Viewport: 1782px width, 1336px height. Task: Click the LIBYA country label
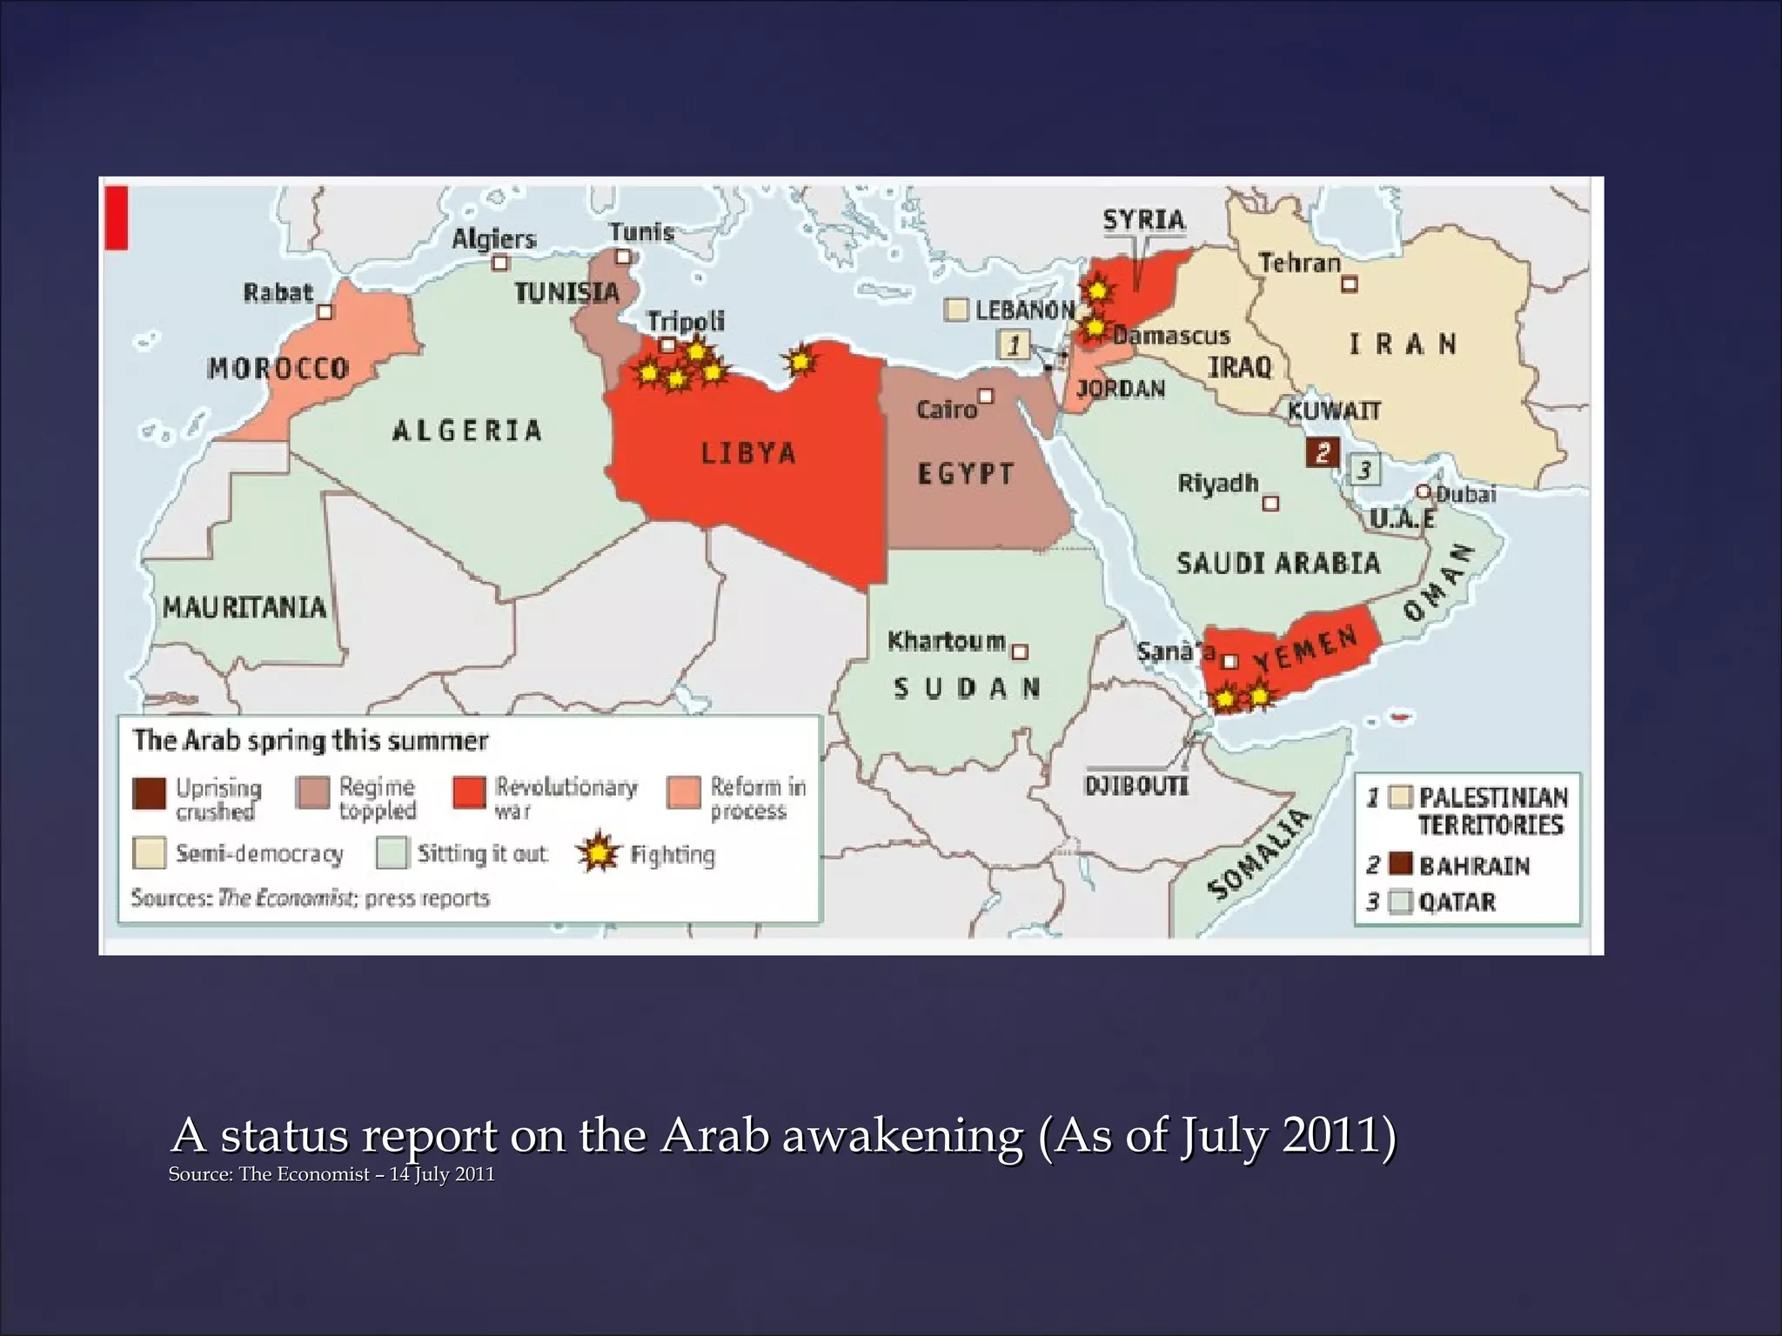point(748,453)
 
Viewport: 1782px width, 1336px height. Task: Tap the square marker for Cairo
point(985,397)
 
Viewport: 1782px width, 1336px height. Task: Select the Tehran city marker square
point(1349,284)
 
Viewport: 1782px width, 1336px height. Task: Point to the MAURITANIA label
point(245,606)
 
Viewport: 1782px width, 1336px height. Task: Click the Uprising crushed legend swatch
point(149,794)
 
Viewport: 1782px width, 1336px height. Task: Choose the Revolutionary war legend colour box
point(469,793)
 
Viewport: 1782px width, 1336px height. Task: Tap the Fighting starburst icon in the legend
point(599,853)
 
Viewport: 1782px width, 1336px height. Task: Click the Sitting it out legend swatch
point(392,853)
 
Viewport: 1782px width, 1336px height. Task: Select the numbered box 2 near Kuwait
point(1323,451)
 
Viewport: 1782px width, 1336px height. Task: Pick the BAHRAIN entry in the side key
point(1473,865)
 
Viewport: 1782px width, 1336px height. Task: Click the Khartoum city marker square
point(1021,651)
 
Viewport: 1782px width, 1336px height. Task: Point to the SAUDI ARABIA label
point(1278,563)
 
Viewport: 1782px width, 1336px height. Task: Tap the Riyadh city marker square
point(1270,503)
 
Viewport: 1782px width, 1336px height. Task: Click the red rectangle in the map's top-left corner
point(117,217)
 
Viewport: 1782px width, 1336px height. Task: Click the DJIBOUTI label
point(1136,785)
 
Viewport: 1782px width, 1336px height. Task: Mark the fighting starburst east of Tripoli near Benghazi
point(800,360)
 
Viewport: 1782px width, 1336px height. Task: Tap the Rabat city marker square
point(325,311)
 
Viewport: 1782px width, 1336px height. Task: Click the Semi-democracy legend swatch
point(149,853)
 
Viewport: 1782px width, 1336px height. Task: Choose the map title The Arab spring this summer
point(310,740)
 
